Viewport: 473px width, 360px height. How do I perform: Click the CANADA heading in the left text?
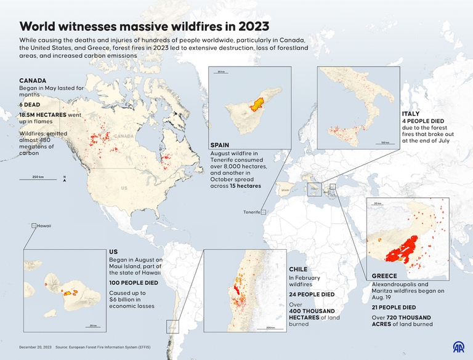(32, 81)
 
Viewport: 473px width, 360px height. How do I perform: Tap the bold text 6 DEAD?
(29, 105)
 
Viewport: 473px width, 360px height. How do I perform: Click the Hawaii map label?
(44, 226)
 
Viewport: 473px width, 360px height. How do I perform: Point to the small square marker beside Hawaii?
(33, 226)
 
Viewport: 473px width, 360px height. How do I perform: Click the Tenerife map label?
(251, 212)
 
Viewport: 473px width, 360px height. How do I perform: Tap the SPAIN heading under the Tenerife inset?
(219, 145)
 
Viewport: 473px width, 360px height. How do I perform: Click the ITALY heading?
(410, 114)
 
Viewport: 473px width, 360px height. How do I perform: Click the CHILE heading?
(299, 270)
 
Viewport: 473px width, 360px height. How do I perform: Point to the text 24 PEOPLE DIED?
(312, 294)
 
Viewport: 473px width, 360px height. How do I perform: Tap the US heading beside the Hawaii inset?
(113, 252)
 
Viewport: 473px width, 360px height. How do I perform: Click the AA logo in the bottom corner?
(459, 348)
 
